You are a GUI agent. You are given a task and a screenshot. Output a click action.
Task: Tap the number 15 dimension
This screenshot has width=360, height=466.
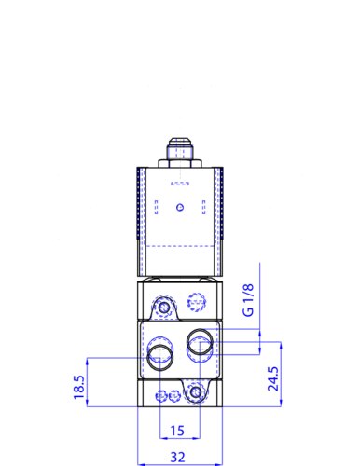178,430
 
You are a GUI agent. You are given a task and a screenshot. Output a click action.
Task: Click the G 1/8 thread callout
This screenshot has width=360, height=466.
247,301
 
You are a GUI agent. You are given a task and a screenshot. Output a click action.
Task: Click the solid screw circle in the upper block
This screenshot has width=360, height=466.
166,306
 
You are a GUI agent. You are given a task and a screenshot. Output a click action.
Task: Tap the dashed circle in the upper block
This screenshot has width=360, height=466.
195,303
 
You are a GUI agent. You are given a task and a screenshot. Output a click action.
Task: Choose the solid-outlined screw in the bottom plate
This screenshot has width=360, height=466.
194,393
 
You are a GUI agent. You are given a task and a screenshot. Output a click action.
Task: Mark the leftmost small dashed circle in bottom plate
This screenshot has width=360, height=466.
162,395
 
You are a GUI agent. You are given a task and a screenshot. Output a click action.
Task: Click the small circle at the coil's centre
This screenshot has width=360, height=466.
181,206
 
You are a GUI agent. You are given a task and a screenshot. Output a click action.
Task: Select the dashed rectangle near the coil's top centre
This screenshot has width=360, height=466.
180,183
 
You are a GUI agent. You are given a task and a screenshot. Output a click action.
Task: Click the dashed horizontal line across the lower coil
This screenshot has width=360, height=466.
180,244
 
